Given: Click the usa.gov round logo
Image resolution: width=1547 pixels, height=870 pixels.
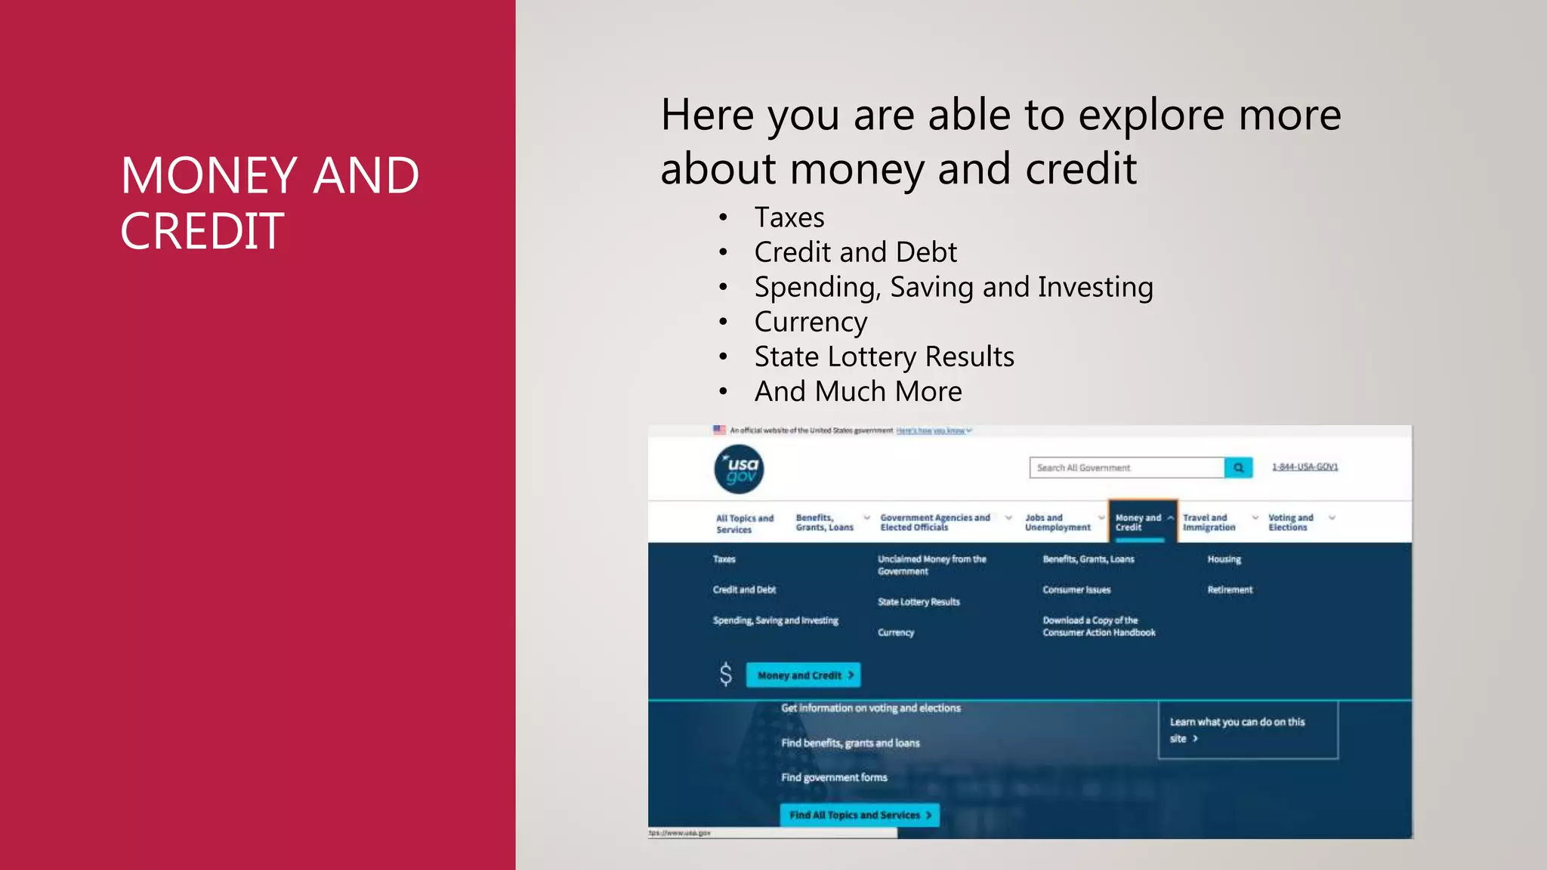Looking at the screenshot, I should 739,469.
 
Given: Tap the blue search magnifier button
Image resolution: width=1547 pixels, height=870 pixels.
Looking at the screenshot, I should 1238,467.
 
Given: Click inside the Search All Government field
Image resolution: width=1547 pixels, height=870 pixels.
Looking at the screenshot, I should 1126,467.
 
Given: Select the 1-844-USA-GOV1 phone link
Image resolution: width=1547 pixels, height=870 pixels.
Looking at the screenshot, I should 1305,467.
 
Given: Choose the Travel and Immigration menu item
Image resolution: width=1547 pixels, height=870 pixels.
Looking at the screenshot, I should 1209,523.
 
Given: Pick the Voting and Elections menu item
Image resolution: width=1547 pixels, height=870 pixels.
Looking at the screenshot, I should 1290,523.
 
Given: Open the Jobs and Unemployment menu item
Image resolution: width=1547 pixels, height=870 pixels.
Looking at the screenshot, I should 1057,523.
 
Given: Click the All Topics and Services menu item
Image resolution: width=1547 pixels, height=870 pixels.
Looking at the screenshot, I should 744,523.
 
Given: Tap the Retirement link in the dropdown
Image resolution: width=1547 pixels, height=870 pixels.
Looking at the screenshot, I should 1230,590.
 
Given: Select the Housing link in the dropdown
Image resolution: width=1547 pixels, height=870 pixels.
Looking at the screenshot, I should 1224,560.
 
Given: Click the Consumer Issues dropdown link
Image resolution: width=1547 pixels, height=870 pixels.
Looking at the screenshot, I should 1076,590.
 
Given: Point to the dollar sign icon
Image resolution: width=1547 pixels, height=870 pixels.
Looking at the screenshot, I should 725,674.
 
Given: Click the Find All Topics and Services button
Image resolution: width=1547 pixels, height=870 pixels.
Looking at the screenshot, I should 860,815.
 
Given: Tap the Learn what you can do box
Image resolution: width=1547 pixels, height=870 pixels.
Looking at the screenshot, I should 1248,730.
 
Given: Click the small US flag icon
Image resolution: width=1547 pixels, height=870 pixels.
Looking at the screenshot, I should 719,430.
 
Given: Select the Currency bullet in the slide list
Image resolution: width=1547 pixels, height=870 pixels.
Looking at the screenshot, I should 811,322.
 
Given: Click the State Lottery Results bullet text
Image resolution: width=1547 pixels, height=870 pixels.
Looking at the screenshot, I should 884,356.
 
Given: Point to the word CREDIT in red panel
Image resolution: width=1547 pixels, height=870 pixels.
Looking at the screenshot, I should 202,231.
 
